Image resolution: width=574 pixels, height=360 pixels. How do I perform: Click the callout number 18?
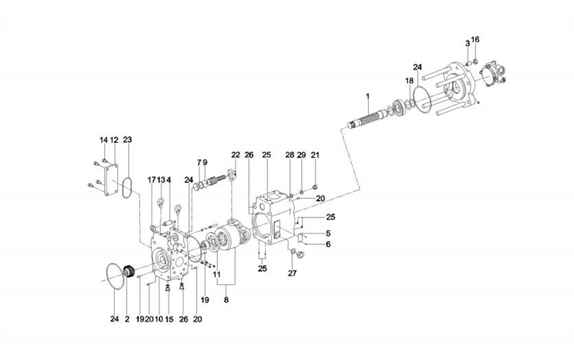point(409,81)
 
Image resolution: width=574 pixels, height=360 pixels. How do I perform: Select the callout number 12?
point(114,140)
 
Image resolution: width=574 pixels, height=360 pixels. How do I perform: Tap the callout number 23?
point(128,140)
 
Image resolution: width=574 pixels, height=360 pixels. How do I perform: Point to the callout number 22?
point(235,154)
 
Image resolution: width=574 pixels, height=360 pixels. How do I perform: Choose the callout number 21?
point(316,154)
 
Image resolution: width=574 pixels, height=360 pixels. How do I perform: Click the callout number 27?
point(292,273)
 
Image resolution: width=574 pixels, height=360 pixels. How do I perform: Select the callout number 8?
point(226,300)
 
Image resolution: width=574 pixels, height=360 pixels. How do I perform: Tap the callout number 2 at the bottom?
point(126,319)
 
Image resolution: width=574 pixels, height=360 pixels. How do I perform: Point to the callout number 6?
point(328,244)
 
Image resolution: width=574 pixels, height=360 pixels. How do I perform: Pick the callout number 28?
point(290,154)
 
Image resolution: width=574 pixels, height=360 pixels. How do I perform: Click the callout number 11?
point(217,273)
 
